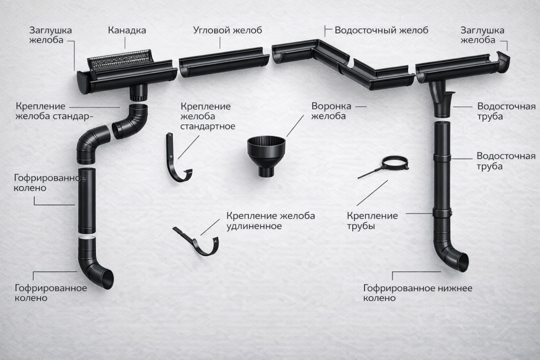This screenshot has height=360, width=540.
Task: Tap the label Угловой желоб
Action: click(x=227, y=30)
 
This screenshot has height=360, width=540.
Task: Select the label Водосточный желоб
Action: click(x=381, y=30)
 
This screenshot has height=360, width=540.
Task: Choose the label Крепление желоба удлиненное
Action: click(x=271, y=221)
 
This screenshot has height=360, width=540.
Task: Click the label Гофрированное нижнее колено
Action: click(x=418, y=293)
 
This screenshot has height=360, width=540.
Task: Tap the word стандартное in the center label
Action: click(x=208, y=127)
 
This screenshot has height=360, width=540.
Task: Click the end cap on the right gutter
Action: click(x=503, y=57)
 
